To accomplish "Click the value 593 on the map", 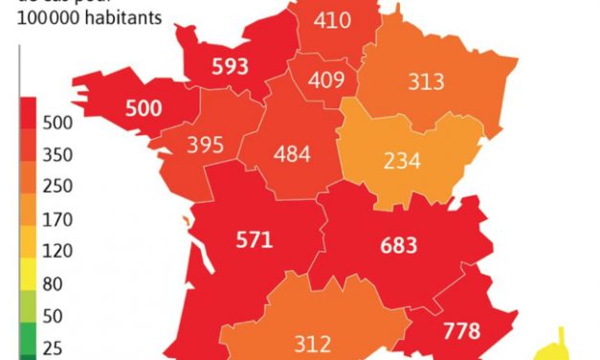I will tap(231, 66).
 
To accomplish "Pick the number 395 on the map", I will tap(206, 145).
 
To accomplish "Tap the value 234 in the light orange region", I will tap(402, 161).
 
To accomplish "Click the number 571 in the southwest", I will tap(254, 239).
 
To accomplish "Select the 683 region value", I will tap(398, 245).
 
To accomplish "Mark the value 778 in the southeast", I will tap(462, 331).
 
